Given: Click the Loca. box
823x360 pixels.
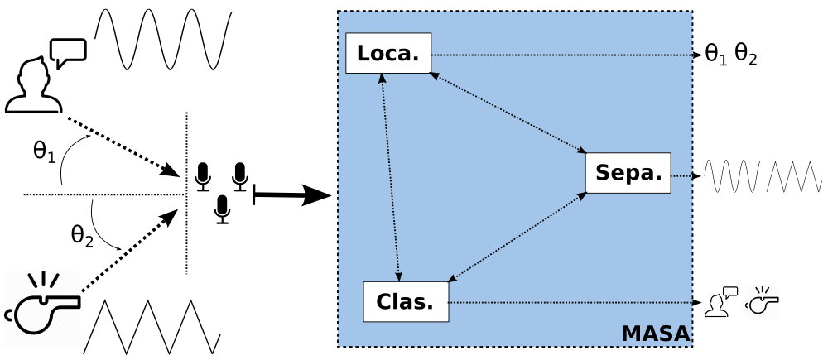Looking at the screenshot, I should point(388,53).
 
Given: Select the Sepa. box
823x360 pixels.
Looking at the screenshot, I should point(628,173).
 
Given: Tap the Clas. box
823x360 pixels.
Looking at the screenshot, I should point(406,302).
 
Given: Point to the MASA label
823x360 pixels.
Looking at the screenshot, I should point(655,334).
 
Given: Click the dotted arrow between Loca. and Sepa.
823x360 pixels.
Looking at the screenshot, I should point(508,113).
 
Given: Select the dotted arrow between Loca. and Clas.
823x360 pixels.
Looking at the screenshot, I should point(390,177).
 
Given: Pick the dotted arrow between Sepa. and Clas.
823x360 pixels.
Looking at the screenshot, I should point(517,237).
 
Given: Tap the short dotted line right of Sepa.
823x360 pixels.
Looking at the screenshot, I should point(681,176).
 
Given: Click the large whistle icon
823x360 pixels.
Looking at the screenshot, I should point(42,309).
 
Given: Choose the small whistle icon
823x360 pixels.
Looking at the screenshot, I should point(761,302).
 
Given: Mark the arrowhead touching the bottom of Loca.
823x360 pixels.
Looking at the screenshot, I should point(382,78).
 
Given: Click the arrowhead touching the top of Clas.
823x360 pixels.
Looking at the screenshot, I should point(398,276).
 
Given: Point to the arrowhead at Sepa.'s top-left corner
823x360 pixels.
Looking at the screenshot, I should point(581,150).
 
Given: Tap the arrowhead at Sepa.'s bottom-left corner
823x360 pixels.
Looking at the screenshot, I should point(582,195).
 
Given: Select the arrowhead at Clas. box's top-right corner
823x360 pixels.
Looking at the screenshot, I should point(452,279).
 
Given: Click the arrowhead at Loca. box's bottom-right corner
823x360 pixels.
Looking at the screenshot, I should point(434,75).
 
